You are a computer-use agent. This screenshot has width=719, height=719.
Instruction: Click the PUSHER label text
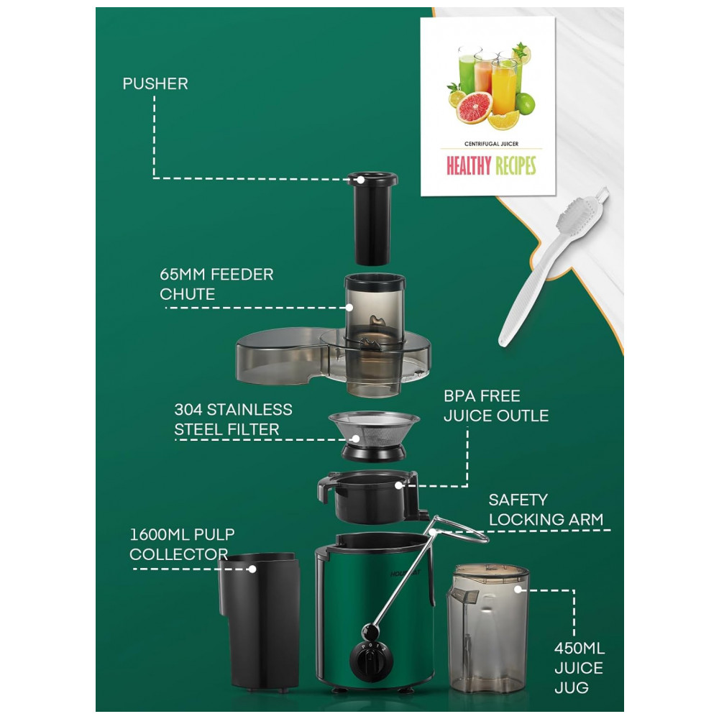point(155,83)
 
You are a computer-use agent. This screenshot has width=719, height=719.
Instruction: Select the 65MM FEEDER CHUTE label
point(216,285)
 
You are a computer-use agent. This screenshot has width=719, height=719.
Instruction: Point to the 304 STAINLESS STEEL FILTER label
point(233,419)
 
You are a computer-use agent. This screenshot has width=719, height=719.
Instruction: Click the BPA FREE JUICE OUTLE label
point(495,406)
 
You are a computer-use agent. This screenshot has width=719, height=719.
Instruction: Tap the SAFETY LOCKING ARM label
point(546,509)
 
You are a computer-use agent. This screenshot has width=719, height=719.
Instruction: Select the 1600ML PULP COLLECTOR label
point(182,544)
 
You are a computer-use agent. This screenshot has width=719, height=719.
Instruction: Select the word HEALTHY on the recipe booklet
point(468,166)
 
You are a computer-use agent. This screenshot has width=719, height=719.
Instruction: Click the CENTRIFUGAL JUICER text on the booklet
point(491,144)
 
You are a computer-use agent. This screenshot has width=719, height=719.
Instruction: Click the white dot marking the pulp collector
point(252,569)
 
